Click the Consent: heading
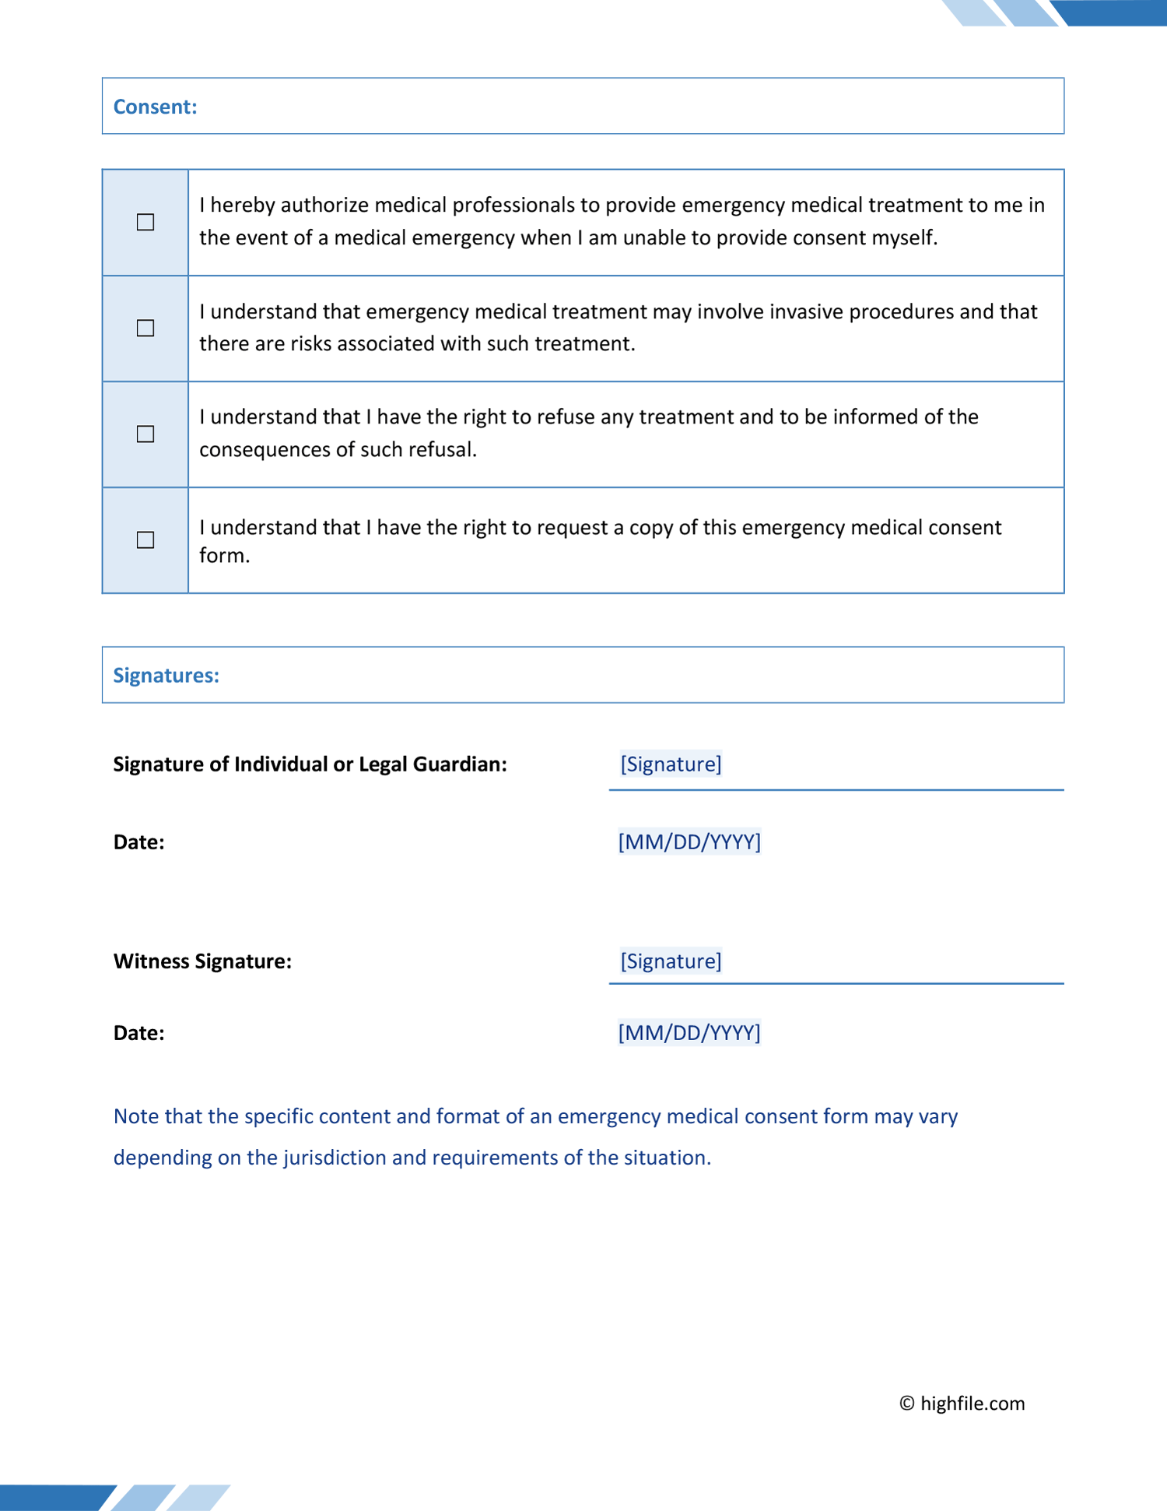tap(155, 107)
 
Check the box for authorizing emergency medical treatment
tap(145, 222)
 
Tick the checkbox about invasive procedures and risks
tap(145, 328)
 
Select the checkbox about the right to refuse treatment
tap(145, 434)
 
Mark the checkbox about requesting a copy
tap(145, 539)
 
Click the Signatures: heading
tap(166, 675)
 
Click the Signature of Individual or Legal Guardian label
tap(310, 764)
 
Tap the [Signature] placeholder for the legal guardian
tap(671, 764)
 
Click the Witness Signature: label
tap(202, 961)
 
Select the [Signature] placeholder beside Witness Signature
tap(671, 961)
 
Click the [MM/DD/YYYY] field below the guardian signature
tap(689, 842)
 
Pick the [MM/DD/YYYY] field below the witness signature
tap(689, 1032)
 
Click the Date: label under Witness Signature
tap(138, 1032)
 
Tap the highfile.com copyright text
tap(962, 1403)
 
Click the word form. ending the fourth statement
tap(224, 555)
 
